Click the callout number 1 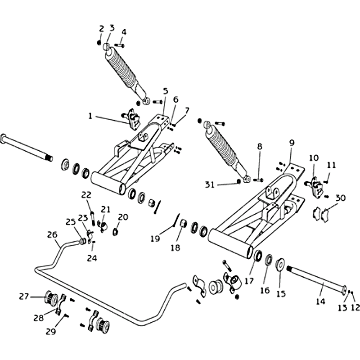coord(90,116)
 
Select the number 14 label coord(320,302)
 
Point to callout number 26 coord(52,234)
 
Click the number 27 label coord(24,296)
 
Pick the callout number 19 coord(155,238)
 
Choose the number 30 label coord(341,198)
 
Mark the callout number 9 coord(292,143)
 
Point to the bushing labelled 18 coord(184,224)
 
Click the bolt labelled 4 coord(120,45)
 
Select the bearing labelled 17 coord(259,256)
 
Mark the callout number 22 coord(86,195)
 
